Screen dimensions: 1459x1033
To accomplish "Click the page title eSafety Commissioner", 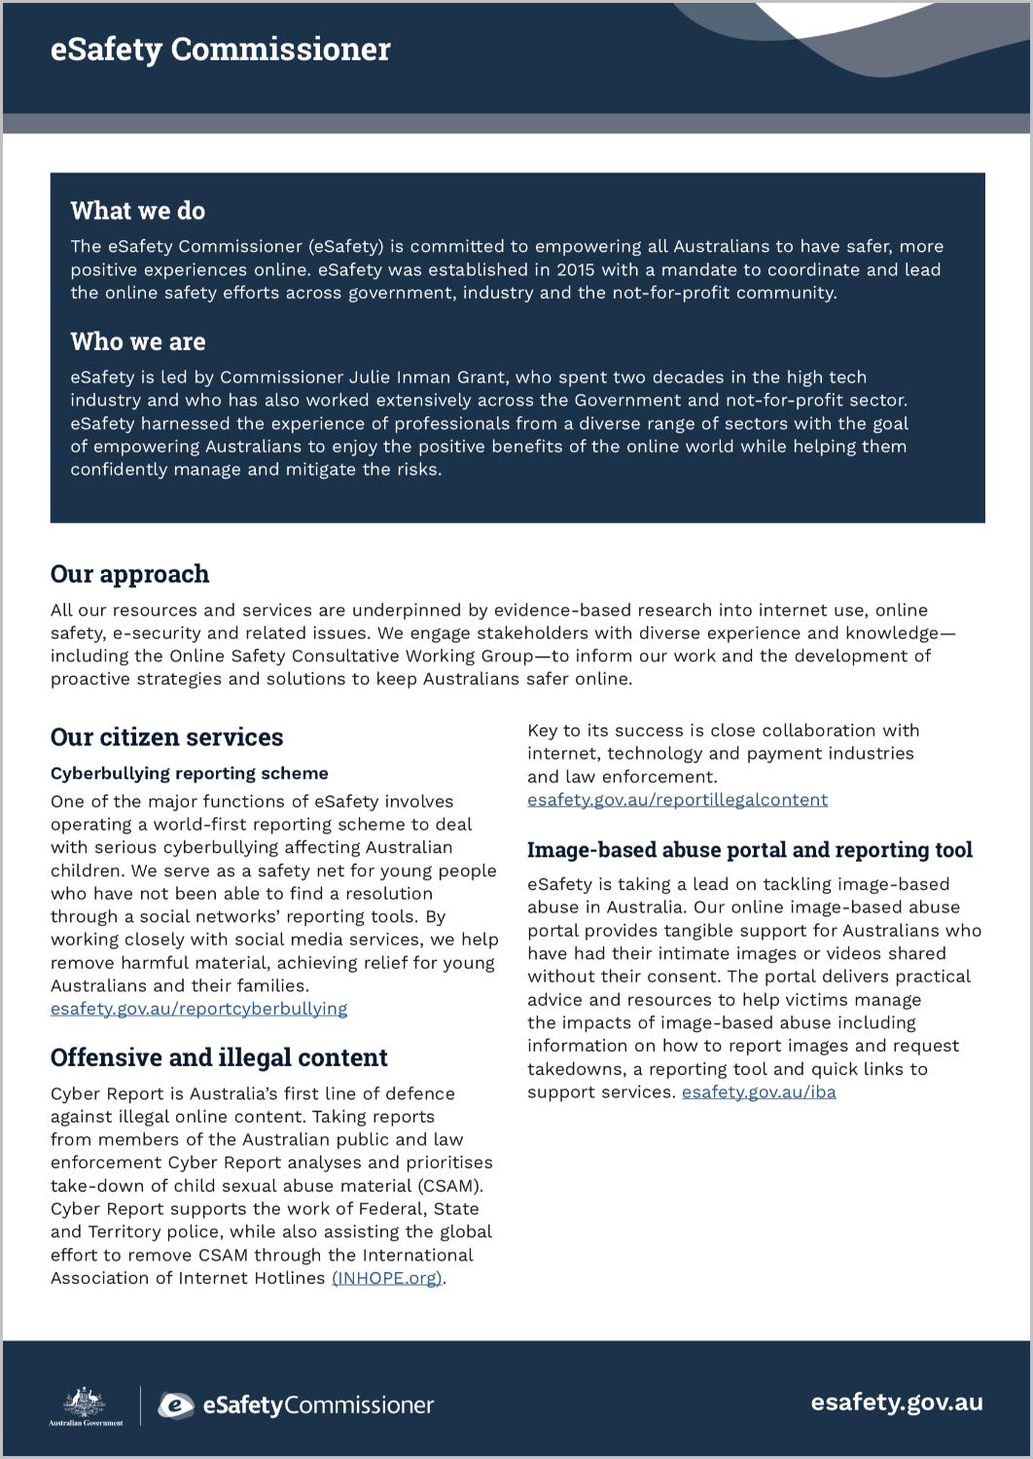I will (220, 50).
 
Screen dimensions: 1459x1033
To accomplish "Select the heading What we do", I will (138, 211).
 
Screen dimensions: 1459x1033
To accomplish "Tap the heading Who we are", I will (138, 341).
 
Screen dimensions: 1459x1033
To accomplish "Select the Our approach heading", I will (129, 574).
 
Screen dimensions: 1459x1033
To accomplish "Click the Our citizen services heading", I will (166, 737).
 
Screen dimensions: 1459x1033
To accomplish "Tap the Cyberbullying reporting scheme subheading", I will (190, 773).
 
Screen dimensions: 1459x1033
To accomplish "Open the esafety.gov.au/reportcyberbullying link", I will (198, 1009).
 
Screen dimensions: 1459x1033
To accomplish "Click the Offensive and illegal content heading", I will (219, 1057).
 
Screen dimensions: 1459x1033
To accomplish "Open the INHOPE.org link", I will (387, 1278).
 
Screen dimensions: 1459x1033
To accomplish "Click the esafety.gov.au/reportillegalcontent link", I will (677, 800).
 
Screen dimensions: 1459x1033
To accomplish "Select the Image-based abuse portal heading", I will (749, 850).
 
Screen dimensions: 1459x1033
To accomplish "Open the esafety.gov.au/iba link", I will (759, 1092).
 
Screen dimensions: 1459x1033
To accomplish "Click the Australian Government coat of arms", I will (86, 1405).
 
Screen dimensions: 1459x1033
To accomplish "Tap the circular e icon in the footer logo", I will (177, 1406).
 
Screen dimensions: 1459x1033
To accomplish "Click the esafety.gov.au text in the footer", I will (896, 1403).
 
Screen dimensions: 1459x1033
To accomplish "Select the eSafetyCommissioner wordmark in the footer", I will (318, 1406).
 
